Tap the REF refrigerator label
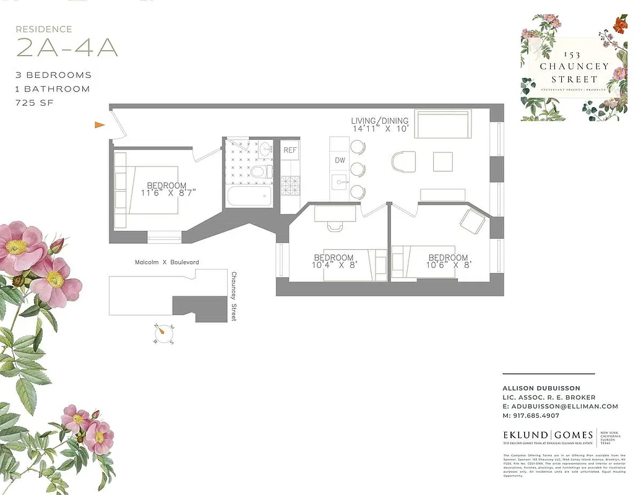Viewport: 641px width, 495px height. (290, 150)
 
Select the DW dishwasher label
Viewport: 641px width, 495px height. (340, 160)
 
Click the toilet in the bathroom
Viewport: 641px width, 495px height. (262, 171)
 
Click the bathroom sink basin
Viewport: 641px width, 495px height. (265, 149)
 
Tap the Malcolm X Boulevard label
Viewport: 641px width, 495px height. (167, 262)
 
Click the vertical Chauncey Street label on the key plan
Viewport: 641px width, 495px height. (234, 296)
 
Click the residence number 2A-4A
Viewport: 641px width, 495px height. (67, 48)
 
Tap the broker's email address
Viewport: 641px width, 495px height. (561, 407)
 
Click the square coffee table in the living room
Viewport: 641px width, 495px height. (443, 161)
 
